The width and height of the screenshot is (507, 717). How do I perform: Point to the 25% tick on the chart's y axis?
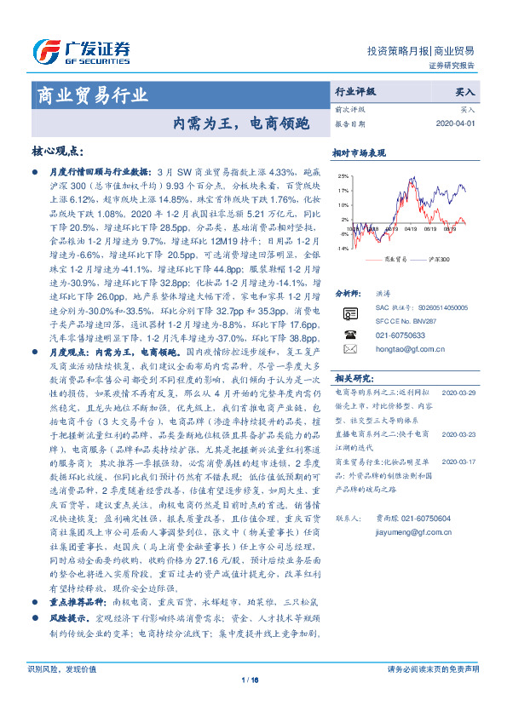pyautogui.click(x=343, y=176)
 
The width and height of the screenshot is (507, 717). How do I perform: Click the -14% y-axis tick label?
pyautogui.click(x=343, y=248)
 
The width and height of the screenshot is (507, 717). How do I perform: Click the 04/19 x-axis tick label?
pyautogui.click(x=410, y=228)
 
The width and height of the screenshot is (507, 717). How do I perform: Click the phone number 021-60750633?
pyautogui.click(x=400, y=335)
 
